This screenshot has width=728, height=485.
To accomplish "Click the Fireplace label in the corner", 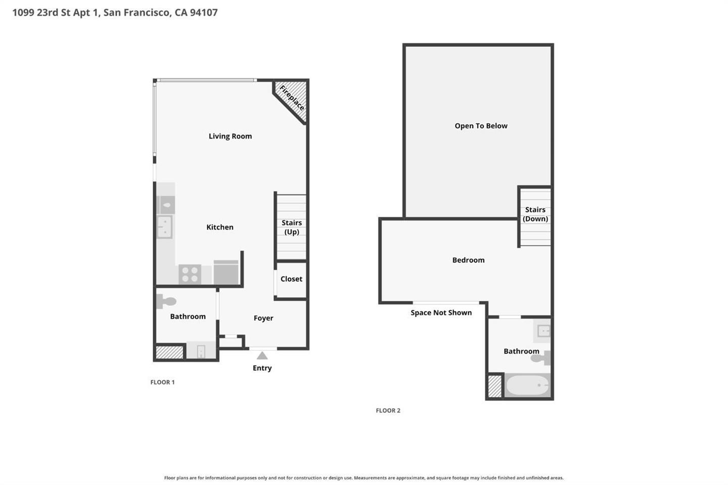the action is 292,98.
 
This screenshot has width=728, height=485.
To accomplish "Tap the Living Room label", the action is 230,136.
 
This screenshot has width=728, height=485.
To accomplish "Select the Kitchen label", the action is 220,227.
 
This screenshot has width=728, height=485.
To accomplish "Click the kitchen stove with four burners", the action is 190,274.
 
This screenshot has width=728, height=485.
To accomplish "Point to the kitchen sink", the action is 165,227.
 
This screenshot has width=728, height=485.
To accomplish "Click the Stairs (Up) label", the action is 292,227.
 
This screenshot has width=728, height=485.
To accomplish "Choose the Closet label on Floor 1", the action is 291,279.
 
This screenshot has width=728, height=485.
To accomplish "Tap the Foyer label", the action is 263,318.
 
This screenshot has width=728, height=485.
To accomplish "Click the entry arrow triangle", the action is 262,356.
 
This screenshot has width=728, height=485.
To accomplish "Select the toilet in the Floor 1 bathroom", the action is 166,301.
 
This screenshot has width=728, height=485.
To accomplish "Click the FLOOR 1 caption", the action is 162,382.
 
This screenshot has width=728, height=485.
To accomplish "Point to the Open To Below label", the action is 481,126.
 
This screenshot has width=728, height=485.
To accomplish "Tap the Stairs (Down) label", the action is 535,214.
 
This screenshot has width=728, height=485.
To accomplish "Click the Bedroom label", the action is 468,260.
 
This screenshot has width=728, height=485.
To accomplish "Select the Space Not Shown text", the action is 441,313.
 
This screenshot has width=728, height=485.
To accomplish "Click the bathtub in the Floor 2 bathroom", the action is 527,385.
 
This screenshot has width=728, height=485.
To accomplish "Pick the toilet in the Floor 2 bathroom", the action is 541,358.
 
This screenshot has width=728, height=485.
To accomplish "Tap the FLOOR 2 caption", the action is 388,411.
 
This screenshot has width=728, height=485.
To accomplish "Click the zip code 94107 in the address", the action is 204,12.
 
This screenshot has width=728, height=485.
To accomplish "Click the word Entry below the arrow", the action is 262,368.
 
